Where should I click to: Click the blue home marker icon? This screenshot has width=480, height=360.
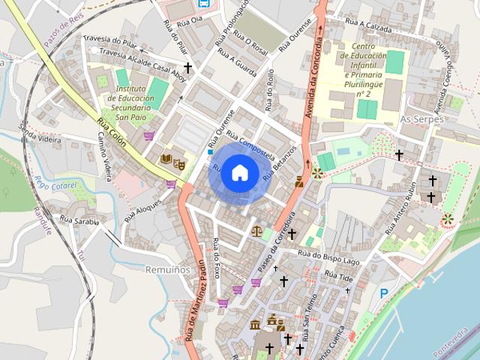tap(238, 173)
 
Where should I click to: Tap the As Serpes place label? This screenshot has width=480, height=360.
tap(422, 119)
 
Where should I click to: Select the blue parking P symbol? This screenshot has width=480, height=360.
tap(385, 293)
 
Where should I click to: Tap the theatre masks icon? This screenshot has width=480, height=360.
tap(179, 162)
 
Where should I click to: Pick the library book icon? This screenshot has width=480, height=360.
tap(166, 160)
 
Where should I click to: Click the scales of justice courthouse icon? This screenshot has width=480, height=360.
tap(257, 232)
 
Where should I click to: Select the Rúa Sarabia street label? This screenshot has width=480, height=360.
tap(79, 222)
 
